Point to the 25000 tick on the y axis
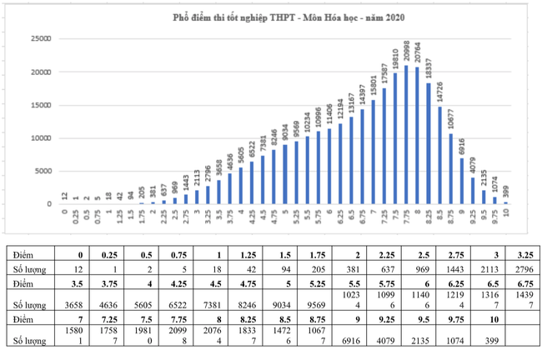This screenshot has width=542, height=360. point(39,38)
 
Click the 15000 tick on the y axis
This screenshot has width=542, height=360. point(39,105)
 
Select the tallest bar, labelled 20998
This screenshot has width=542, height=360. point(406,134)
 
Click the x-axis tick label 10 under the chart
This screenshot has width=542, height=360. point(505,212)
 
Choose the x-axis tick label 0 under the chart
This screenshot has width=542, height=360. point(64,212)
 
